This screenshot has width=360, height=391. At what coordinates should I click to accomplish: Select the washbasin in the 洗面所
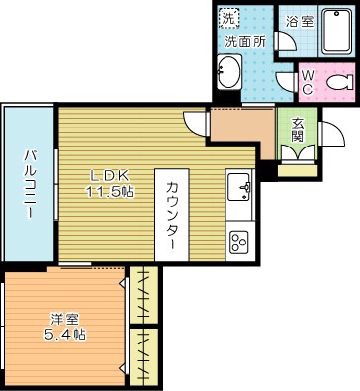(x=228, y=74)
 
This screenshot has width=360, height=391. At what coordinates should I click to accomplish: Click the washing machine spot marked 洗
(x=228, y=19)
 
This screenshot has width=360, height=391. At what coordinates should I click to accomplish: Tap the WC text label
(x=307, y=82)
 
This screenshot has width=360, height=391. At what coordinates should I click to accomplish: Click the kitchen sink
(x=240, y=186)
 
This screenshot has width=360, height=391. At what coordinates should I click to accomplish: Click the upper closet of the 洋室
(x=145, y=294)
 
